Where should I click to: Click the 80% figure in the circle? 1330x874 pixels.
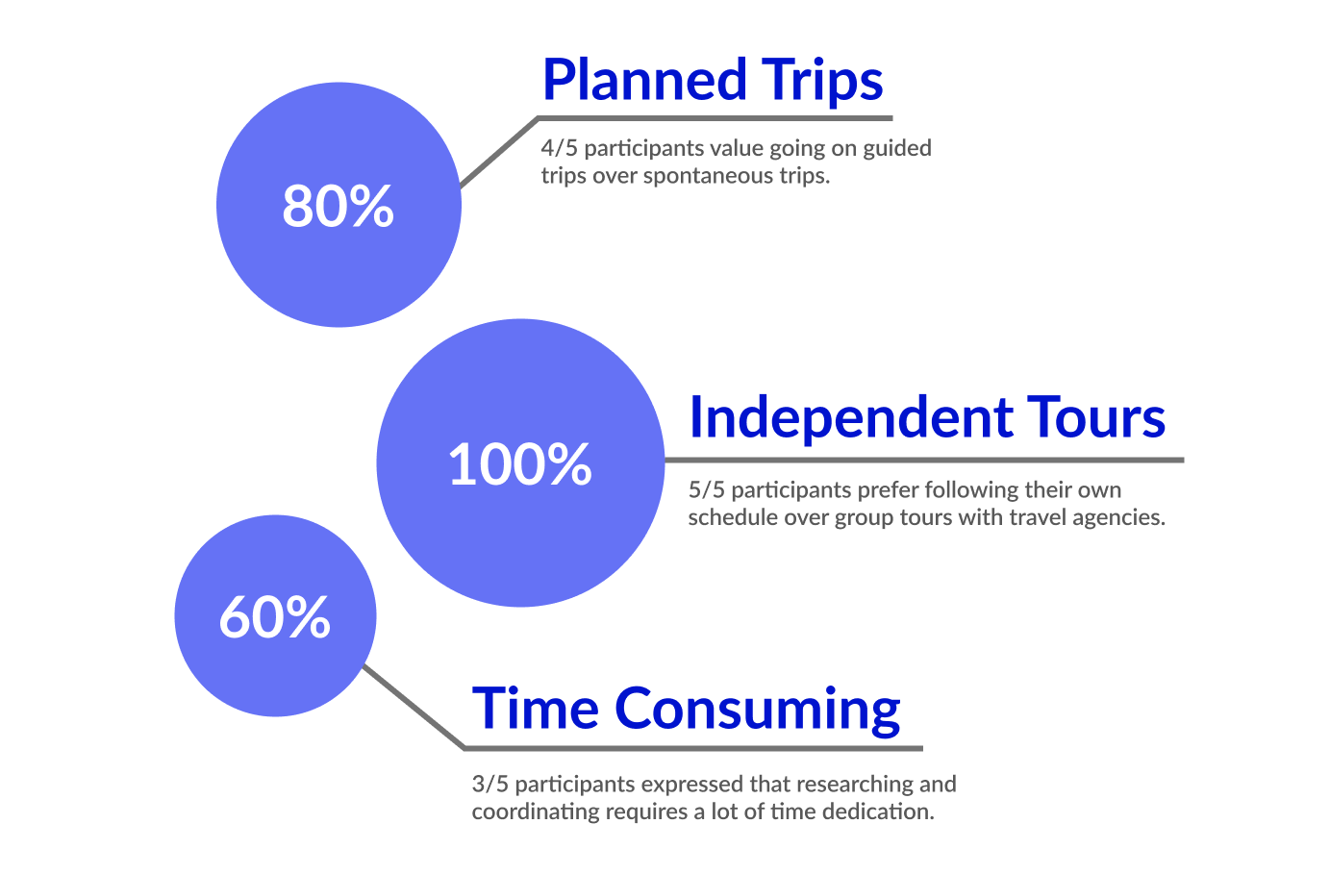pyautogui.click(x=338, y=206)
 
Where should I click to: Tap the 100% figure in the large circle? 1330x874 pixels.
pyautogui.click(x=519, y=463)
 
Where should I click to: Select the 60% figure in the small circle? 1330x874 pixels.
pyautogui.click(x=275, y=616)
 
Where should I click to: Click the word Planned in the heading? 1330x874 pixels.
pyautogui.click(x=644, y=80)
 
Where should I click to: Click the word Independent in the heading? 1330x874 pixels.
pyautogui.click(x=851, y=418)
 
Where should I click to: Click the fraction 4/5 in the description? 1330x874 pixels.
pyautogui.click(x=560, y=148)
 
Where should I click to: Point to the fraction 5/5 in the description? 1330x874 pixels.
pyautogui.click(x=707, y=490)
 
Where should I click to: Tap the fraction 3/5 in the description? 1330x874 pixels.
pyautogui.click(x=489, y=784)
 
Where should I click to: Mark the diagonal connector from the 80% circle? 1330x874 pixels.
pyautogui.click(x=498, y=152)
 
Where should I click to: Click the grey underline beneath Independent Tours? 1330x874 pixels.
pyautogui.click(x=923, y=461)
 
